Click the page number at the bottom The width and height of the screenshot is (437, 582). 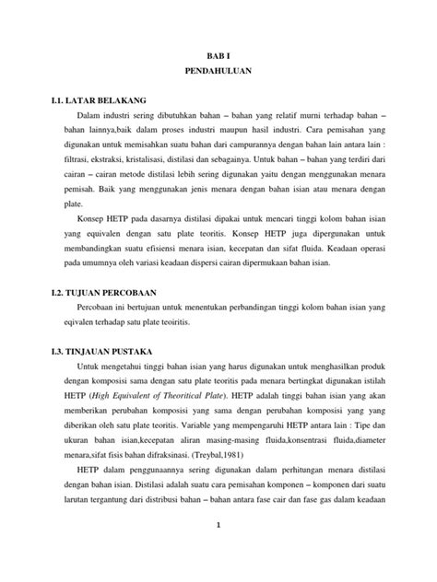(218, 550)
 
